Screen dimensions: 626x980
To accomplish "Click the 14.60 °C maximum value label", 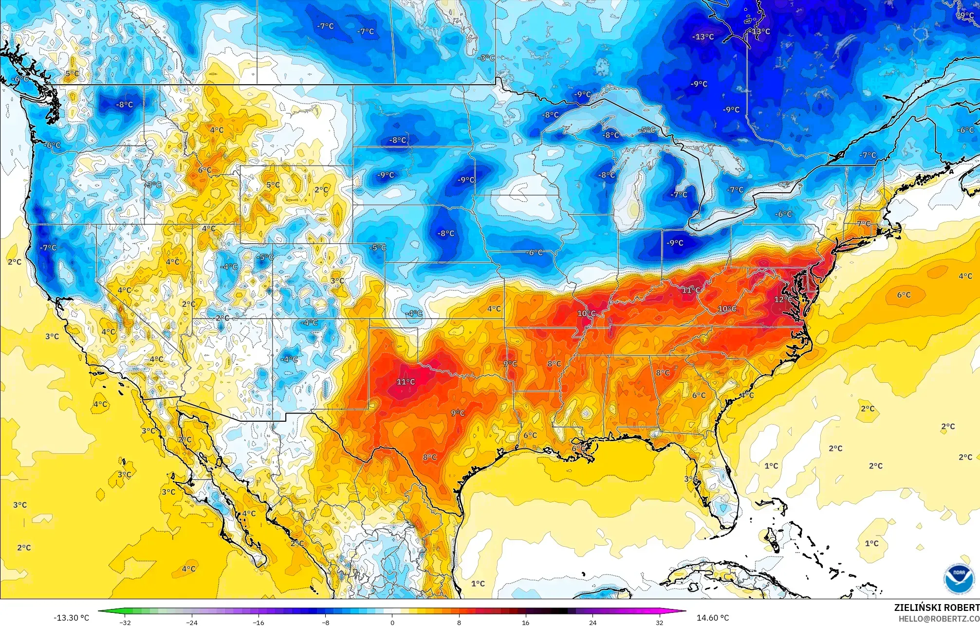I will [713, 618].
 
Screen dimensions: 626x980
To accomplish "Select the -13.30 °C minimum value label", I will [71, 618].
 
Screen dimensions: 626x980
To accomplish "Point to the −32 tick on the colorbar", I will [126, 622].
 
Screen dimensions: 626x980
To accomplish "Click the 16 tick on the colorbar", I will [526, 622].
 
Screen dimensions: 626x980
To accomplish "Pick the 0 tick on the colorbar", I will [392, 622].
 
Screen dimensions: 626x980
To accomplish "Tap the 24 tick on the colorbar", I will [592, 622].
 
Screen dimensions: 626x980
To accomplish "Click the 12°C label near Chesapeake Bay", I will [783, 300].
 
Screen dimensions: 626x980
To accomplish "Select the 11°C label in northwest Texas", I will [406, 382].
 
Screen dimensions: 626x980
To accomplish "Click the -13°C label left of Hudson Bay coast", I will [703, 36].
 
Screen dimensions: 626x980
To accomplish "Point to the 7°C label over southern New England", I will [864, 224].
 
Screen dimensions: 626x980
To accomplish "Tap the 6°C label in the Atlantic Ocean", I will [904, 295].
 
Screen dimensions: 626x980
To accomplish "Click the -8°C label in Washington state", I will [124, 105].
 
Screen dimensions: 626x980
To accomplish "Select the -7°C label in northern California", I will [48, 248].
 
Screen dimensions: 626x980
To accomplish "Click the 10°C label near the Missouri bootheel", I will [586, 313].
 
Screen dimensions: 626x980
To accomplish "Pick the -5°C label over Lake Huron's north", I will [647, 130].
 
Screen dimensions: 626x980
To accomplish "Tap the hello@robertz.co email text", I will [939, 618].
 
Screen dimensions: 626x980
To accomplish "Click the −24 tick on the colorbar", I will [192, 622].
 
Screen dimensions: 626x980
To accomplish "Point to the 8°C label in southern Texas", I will [429, 457].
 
